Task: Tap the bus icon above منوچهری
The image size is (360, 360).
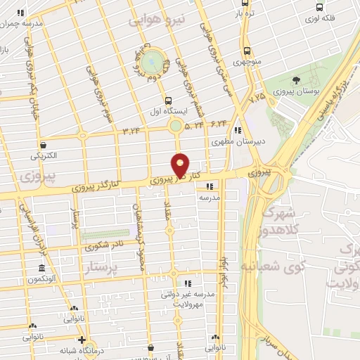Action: coord(246,51)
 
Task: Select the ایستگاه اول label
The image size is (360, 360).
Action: coord(167,111)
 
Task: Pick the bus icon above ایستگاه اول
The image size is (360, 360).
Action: coord(167,101)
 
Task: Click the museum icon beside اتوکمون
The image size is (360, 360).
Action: coord(41,269)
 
